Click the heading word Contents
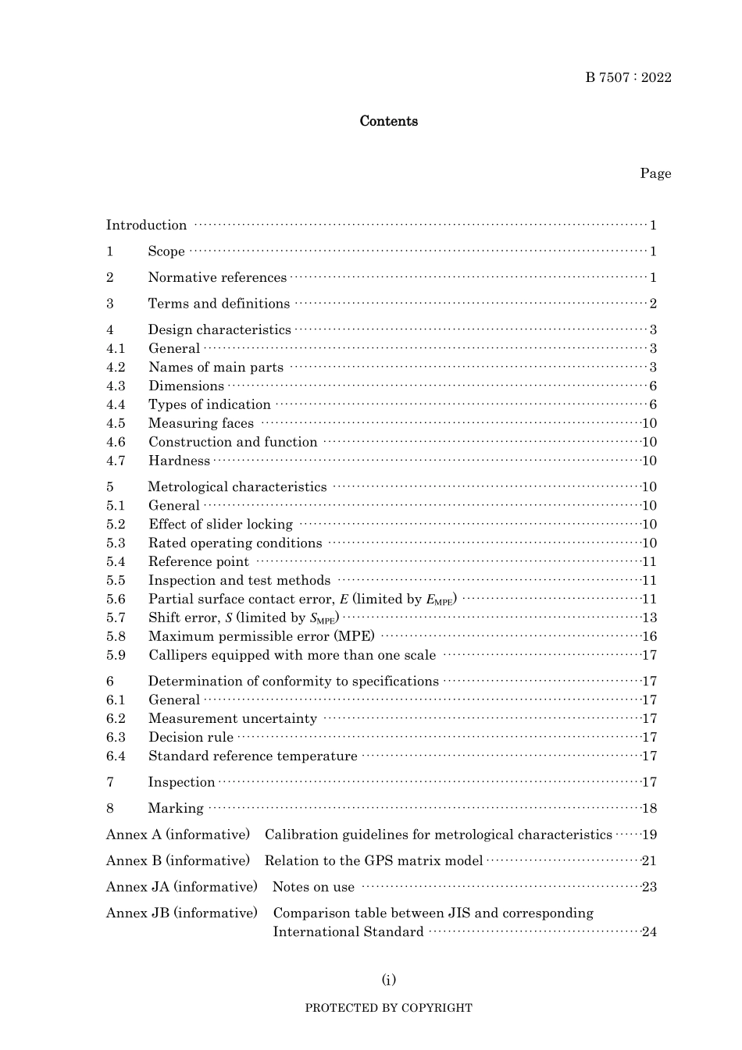[x=388, y=121]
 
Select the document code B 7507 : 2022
[x=628, y=77]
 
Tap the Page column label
[x=655, y=173]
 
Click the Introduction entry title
[x=146, y=226]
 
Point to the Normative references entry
[x=217, y=278]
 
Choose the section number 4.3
[x=116, y=386]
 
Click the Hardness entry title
[x=179, y=461]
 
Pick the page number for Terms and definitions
[x=653, y=304]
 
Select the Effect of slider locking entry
[x=220, y=525]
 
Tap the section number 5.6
[x=116, y=600]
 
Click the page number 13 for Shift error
[x=649, y=618]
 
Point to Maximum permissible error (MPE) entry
[x=261, y=637]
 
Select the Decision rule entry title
[x=191, y=738]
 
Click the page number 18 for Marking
[x=649, y=809]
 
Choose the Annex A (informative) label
[x=178, y=835]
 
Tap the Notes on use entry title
[x=313, y=888]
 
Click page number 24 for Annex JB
[x=649, y=932]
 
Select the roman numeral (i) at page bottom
[x=388, y=980]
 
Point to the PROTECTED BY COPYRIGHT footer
[x=388, y=1008]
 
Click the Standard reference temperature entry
[x=252, y=756]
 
